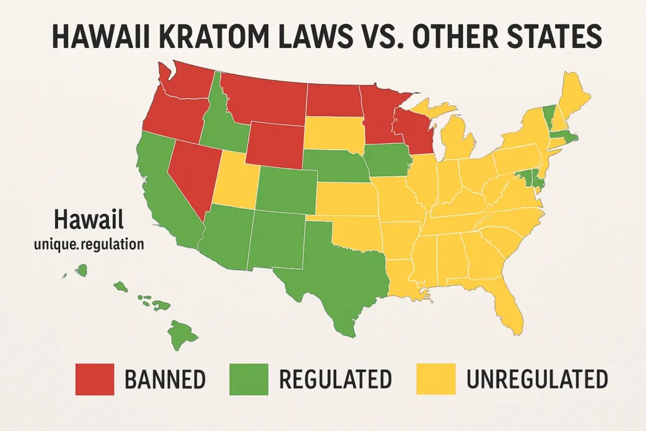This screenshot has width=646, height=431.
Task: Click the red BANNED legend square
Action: (94, 379)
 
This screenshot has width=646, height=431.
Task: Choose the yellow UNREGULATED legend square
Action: (436, 379)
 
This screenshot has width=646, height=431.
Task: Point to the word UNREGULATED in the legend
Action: (536, 379)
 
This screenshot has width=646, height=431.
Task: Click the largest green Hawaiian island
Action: (180, 332)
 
